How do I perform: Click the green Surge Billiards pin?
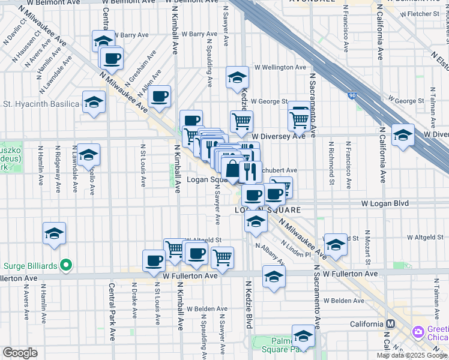[68, 264]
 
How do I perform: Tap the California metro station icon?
[390, 324]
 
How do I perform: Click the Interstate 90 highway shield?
[352, 95]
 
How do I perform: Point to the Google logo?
[19, 353]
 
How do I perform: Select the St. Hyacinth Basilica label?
[41, 104]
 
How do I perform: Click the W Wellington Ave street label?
[280, 68]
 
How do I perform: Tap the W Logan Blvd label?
[385, 204]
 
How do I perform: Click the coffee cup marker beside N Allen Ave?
[160, 96]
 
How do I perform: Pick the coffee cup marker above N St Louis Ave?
[154, 260]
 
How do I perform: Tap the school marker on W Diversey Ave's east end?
[402, 135]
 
